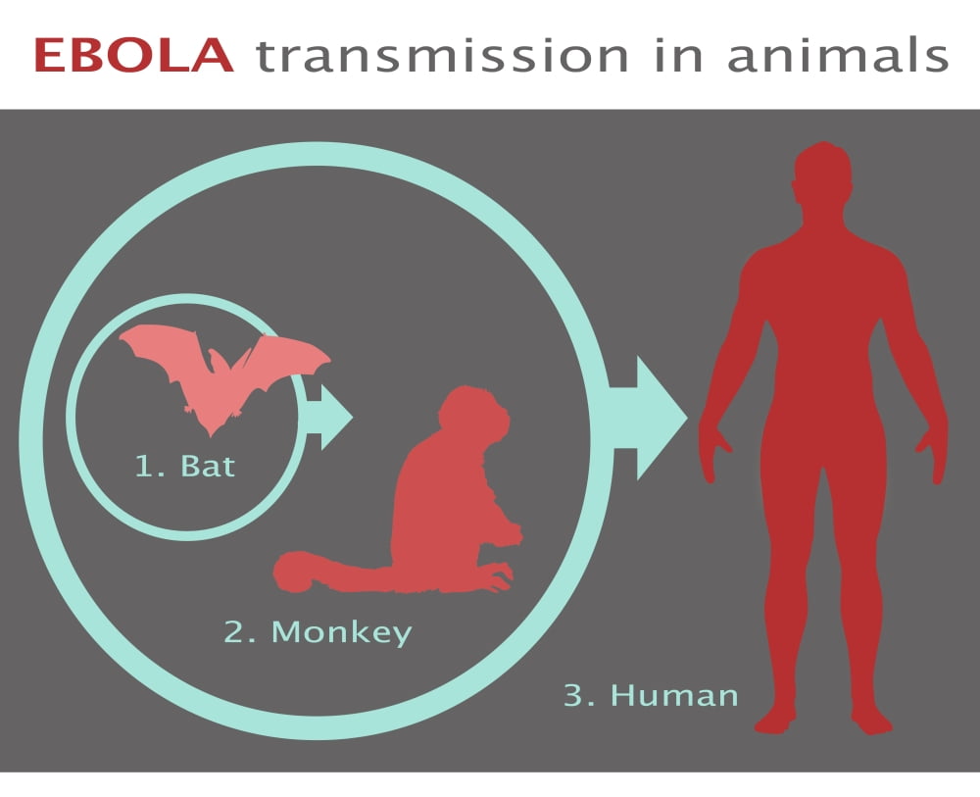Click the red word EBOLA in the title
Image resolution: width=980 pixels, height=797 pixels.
(x=133, y=56)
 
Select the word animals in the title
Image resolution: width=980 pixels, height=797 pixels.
(x=838, y=55)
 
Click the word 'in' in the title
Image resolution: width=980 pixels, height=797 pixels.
(x=679, y=55)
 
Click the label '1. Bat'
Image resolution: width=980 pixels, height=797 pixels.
(x=185, y=467)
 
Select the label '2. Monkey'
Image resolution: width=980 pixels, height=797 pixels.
(x=318, y=632)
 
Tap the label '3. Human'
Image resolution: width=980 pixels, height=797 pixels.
(x=651, y=695)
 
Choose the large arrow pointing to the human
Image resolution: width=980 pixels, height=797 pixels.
(x=647, y=418)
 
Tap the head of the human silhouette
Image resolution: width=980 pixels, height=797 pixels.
(x=822, y=179)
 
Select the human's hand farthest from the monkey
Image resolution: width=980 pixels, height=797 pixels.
(x=933, y=453)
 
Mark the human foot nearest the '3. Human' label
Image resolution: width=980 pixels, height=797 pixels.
(x=776, y=721)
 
